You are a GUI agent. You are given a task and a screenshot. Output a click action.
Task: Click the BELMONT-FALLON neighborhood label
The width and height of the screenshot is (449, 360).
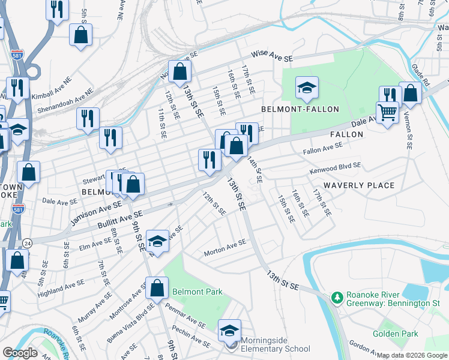point(300,109)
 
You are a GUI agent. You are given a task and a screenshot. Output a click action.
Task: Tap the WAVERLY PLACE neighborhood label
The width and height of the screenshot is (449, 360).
point(359,185)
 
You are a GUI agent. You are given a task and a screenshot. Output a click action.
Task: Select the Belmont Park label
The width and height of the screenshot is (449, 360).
point(197,292)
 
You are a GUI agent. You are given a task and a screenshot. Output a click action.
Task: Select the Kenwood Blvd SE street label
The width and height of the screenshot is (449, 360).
point(335,167)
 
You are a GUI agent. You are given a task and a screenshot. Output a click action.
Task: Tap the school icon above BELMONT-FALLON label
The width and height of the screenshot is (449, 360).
point(306,88)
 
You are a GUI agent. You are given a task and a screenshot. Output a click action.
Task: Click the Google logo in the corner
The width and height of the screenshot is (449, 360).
point(20,353)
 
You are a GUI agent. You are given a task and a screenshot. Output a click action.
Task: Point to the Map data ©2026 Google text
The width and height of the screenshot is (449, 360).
point(412,355)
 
